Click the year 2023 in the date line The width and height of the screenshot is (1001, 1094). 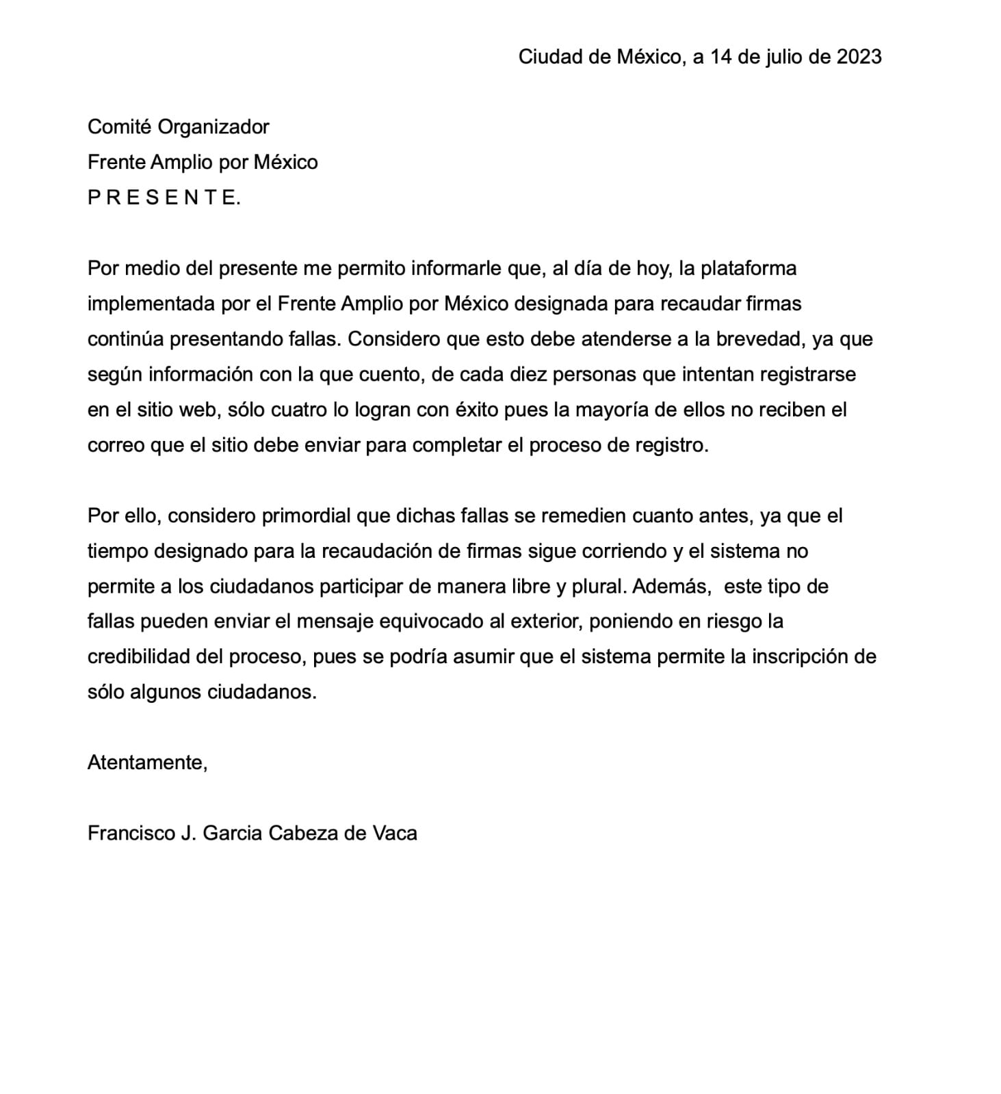tap(859, 57)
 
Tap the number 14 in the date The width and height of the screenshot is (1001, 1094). tap(720, 57)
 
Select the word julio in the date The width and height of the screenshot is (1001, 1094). tap(784, 57)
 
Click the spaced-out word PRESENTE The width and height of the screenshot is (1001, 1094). tap(164, 198)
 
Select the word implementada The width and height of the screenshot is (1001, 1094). tap(151, 304)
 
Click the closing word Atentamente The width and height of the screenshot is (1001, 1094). tap(146, 762)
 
